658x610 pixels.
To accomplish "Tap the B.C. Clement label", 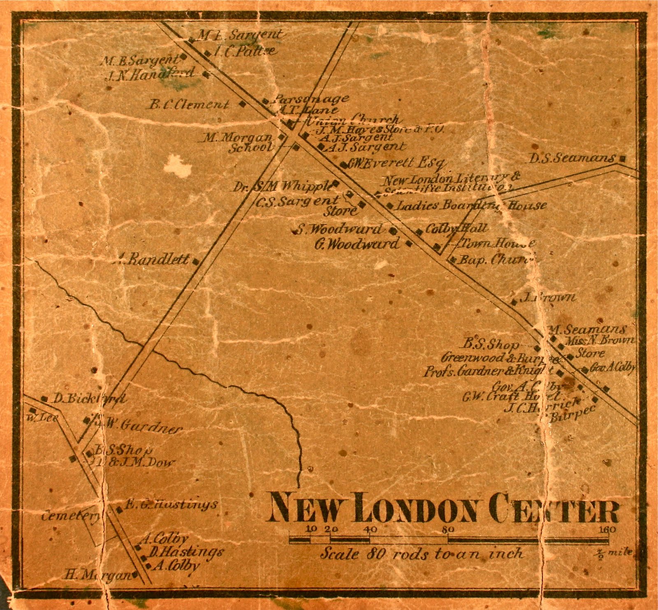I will (189, 105).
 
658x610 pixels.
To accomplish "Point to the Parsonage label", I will (311, 99).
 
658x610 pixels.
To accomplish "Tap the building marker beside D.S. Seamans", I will (623, 158).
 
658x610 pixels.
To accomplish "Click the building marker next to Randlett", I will (196, 261).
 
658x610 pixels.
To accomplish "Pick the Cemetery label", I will (70, 516).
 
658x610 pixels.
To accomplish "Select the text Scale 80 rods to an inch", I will (422, 554).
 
